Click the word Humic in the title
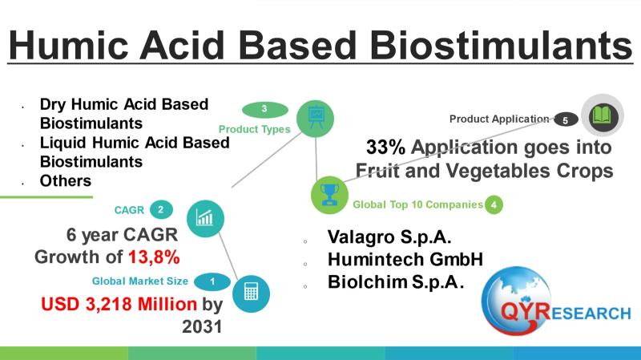[x=68, y=45]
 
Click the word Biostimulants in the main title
[x=502, y=45]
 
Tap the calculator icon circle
[x=251, y=293]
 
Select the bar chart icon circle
[x=205, y=218]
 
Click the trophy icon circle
[x=329, y=195]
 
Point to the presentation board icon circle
[x=315, y=119]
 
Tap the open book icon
[x=603, y=115]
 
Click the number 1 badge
[x=212, y=281]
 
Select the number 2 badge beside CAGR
[x=161, y=210]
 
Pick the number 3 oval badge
[x=265, y=109]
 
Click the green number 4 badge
[x=494, y=204]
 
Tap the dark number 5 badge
[x=566, y=119]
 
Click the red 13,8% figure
[x=154, y=257]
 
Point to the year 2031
[x=202, y=326]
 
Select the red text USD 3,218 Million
[x=119, y=304]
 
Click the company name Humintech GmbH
[x=405, y=259]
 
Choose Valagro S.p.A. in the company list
[x=389, y=237]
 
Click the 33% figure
[x=386, y=148]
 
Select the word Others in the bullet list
[x=66, y=181]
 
